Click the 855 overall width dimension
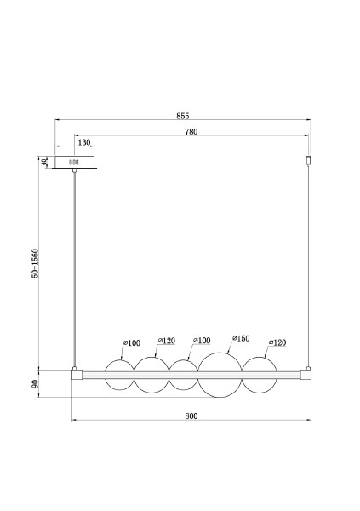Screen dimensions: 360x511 (x=182, y=116)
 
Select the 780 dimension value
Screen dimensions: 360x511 (x=191, y=132)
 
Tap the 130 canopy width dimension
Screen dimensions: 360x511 (x=84, y=142)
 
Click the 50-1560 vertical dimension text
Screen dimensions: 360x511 (x=35, y=263)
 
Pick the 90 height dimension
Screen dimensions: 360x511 (x=35, y=383)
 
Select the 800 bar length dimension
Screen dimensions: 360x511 (x=191, y=416)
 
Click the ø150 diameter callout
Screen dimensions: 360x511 (x=241, y=339)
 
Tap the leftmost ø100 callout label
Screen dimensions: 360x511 (x=132, y=343)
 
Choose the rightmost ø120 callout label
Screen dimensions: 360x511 (x=277, y=342)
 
